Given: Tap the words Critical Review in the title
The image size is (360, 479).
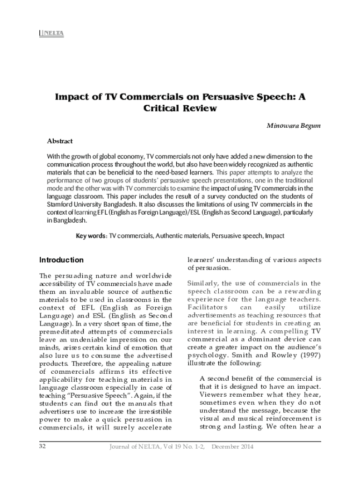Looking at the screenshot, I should pyautogui.click(x=180, y=109).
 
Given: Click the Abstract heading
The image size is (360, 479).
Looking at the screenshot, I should pyautogui.click(x=60, y=141).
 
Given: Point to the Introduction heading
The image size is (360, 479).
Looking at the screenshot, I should pyautogui.click(x=61, y=260).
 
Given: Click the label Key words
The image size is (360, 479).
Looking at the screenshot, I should pyautogui.click(x=92, y=236).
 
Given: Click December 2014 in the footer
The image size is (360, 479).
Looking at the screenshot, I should pyautogui.click(x=232, y=447).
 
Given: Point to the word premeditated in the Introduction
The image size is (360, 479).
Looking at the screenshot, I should pyautogui.click(x=63, y=332).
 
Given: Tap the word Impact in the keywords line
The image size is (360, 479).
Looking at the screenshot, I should pyautogui.click(x=274, y=236).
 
